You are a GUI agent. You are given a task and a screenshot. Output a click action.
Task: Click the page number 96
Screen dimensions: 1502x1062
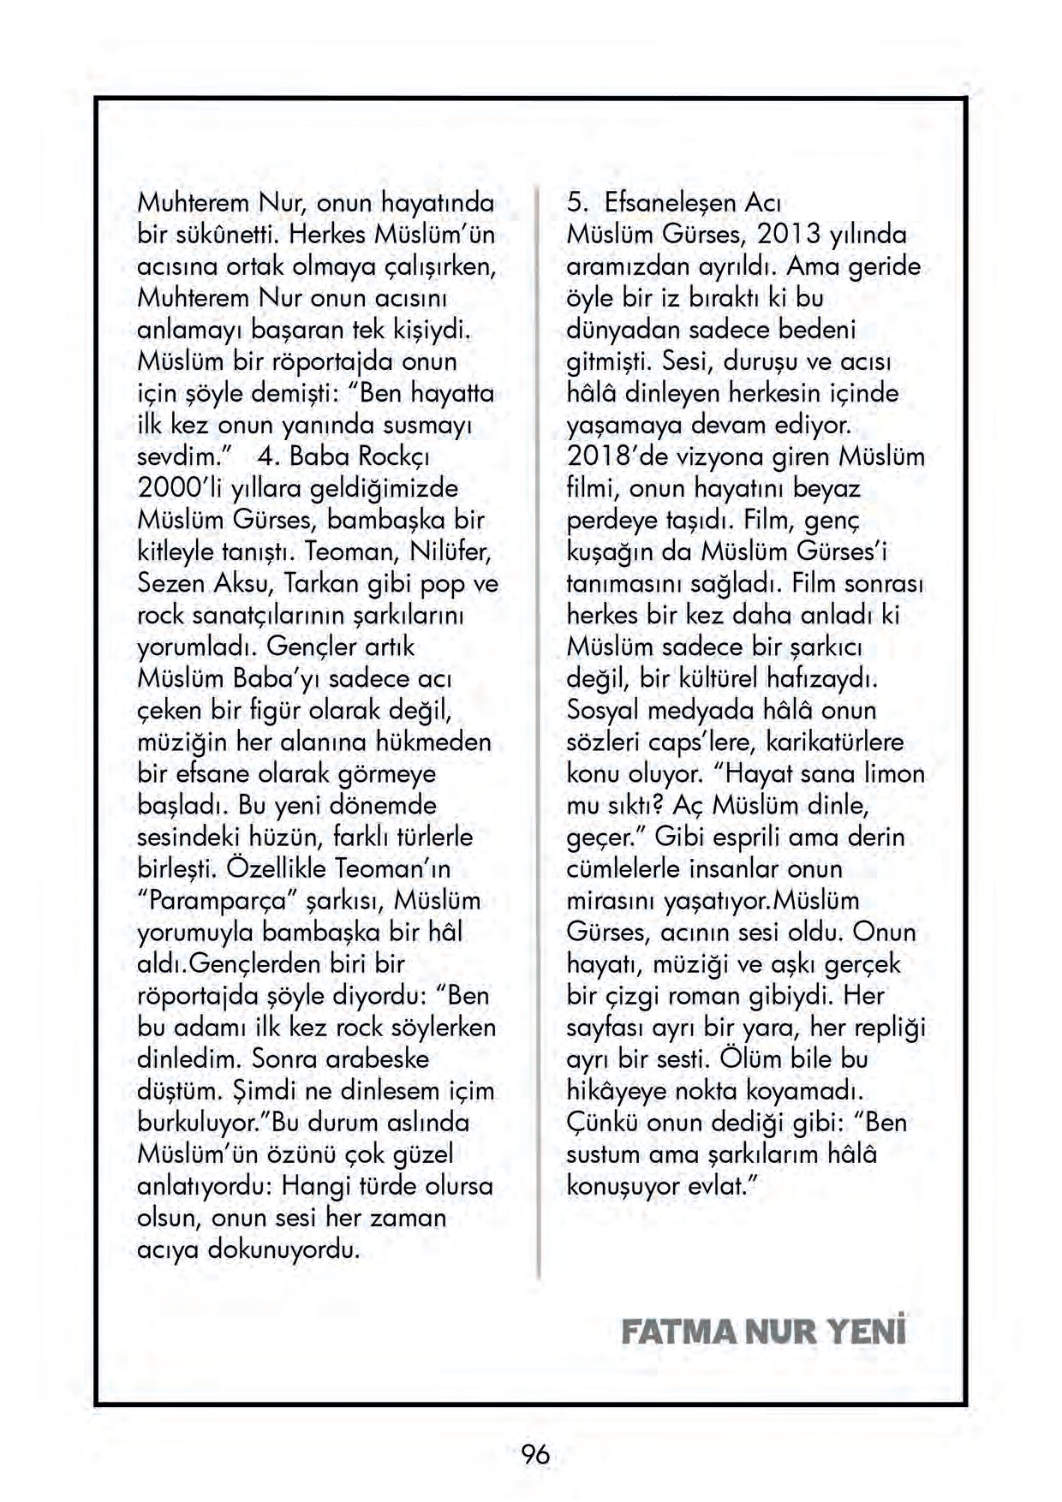(534, 1453)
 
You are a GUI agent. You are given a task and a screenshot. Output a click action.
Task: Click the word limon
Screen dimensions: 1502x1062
(893, 774)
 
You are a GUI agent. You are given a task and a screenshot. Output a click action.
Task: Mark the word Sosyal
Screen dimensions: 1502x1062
(603, 711)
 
